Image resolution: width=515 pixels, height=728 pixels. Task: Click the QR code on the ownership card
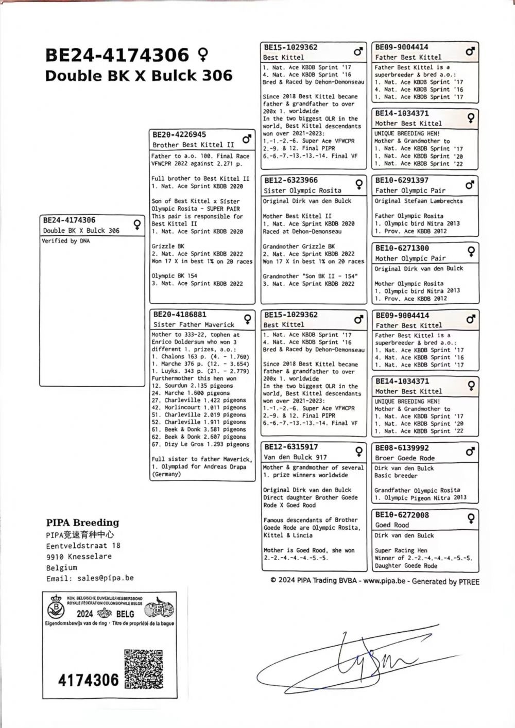pyautogui.click(x=144, y=669)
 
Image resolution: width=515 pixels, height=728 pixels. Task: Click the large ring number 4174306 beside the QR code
pyautogui.click(x=88, y=680)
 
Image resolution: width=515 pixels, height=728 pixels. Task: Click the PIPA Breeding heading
pyautogui.click(x=82, y=523)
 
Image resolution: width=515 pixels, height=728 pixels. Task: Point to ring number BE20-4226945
pyautogui.click(x=179, y=135)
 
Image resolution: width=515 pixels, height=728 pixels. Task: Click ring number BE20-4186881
pyautogui.click(x=179, y=315)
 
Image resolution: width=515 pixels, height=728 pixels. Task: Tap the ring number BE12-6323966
pyautogui.click(x=291, y=181)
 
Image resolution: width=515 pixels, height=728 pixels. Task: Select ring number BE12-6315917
pyautogui.click(x=291, y=447)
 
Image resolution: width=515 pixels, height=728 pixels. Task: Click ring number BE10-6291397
pyautogui.click(x=402, y=181)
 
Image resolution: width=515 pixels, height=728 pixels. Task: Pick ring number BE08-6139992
pyautogui.click(x=402, y=448)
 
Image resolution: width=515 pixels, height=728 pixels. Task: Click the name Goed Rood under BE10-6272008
pyautogui.click(x=392, y=525)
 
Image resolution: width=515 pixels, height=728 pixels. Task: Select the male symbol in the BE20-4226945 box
pyautogui.click(x=247, y=139)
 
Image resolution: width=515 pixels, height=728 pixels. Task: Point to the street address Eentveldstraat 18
pyautogui.click(x=83, y=545)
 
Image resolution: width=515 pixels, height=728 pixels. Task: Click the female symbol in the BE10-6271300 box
pyautogui.click(x=470, y=251)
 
